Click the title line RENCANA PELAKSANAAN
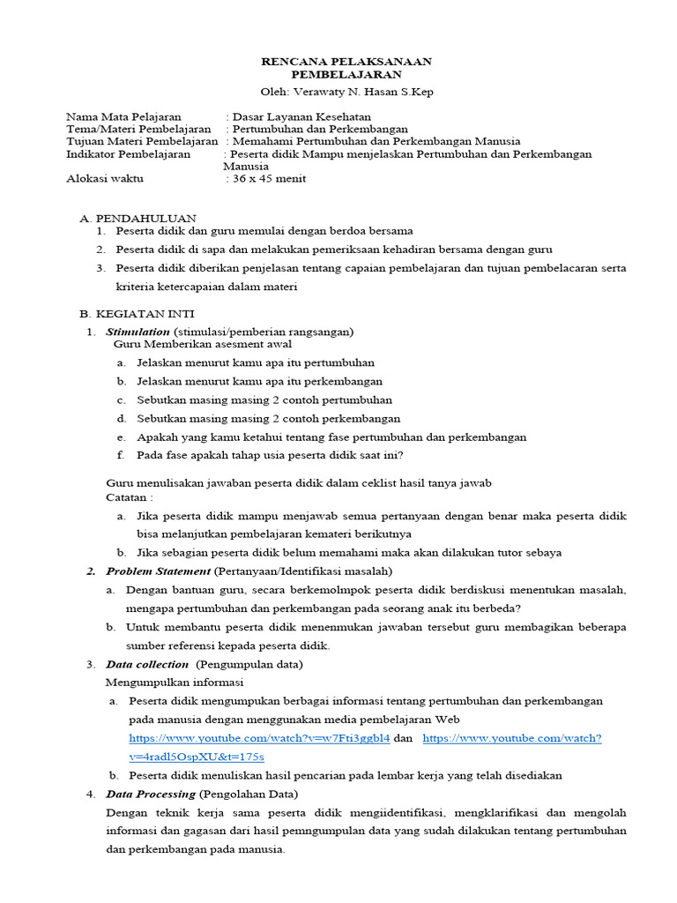point(346,61)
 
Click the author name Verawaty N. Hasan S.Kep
point(363,92)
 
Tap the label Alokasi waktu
point(104,178)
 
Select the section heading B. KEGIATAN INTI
point(137,313)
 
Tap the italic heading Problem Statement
point(158,571)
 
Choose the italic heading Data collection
point(146,664)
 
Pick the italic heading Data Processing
point(149,794)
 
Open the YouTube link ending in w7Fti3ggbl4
point(259,738)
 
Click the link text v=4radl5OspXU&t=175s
point(196,757)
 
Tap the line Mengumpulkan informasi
point(175,683)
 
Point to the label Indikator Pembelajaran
point(128,153)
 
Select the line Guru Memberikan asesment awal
point(203,344)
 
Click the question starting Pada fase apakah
point(269,455)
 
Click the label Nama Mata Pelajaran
point(123,116)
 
